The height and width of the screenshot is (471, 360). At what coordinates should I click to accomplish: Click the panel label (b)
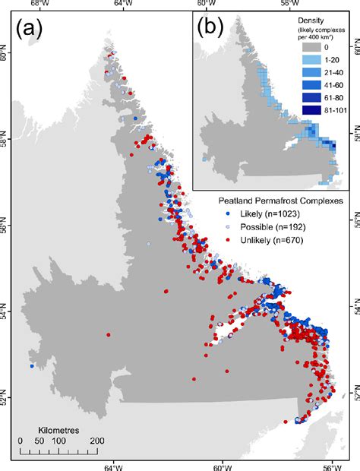(x=210, y=29)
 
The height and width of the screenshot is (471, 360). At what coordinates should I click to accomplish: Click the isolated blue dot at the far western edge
(x=32, y=366)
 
